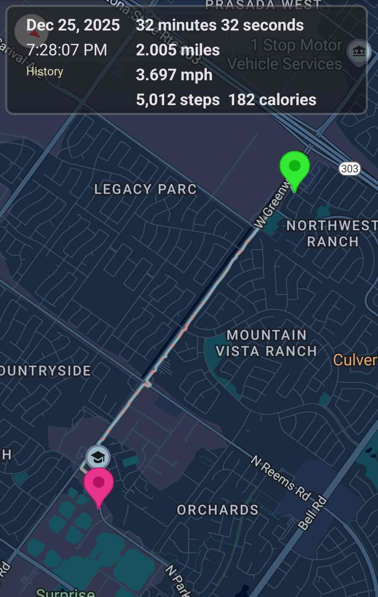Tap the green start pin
click(295, 167)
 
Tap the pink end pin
click(99, 483)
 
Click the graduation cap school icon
click(98, 458)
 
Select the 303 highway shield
click(350, 169)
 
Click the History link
click(44, 71)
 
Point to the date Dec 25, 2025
click(73, 25)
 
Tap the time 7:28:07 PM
click(66, 50)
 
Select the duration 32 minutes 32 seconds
click(220, 25)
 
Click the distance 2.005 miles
click(178, 50)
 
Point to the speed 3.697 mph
click(174, 75)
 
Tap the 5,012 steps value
click(178, 100)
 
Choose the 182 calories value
click(272, 100)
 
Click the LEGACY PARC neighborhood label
click(145, 189)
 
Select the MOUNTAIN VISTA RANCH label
click(267, 343)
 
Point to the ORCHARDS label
click(218, 510)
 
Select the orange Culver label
click(355, 360)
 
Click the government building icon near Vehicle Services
click(358, 52)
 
